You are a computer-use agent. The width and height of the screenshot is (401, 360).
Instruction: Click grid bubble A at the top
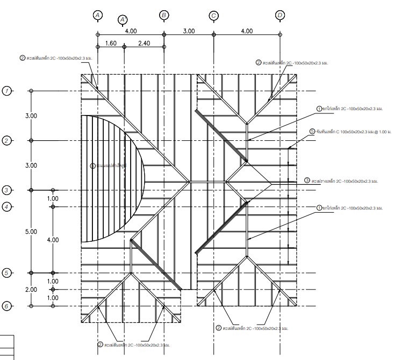point(97,15)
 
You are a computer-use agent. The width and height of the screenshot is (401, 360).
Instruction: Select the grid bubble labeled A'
point(123,20)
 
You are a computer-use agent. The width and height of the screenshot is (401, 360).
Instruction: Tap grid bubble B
point(164,15)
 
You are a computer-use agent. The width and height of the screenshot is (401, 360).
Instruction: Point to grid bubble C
point(214,16)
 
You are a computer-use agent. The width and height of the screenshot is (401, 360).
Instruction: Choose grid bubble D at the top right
point(280,15)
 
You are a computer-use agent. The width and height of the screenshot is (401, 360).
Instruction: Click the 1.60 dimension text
point(111,43)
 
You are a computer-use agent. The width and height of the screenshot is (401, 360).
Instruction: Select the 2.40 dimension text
point(144,43)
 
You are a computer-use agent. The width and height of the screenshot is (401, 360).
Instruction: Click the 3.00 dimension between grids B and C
point(189,32)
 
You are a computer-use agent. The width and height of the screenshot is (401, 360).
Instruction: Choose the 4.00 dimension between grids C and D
point(246,32)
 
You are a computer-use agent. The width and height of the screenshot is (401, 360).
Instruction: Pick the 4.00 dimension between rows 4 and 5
point(53,240)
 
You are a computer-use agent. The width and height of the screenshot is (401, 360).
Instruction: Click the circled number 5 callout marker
point(312,131)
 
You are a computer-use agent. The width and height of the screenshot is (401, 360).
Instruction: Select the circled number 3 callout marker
point(307,181)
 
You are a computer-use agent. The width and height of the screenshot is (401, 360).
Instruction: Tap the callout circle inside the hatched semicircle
point(92,166)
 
